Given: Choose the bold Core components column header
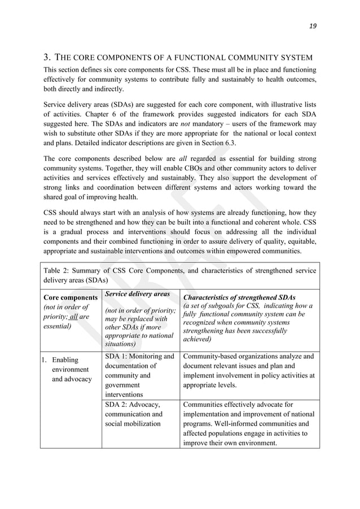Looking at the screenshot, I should [71, 297].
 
